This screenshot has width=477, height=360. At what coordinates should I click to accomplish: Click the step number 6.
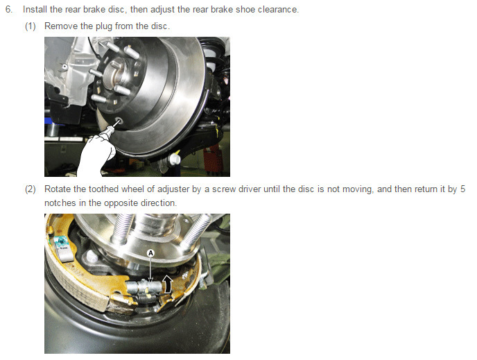[9, 10]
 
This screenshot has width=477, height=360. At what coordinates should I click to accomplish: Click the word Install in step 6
[35, 10]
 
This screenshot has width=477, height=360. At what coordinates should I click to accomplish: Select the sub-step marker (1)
[31, 26]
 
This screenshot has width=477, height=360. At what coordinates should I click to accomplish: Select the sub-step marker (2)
[31, 189]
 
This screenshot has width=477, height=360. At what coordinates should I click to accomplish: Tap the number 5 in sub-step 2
[462, 189]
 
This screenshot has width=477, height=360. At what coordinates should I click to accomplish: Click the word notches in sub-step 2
[60, 203]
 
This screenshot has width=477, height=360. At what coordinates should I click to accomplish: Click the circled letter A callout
[150, 253]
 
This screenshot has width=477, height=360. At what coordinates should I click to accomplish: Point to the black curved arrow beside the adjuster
[168, 284]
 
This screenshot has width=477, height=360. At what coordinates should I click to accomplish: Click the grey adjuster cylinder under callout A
[144, 287]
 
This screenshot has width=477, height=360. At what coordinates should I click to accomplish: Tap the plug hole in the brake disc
[118, 121]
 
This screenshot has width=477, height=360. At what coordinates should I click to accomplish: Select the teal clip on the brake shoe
[63, 243]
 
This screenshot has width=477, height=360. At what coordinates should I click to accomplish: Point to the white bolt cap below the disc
[175, 159]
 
